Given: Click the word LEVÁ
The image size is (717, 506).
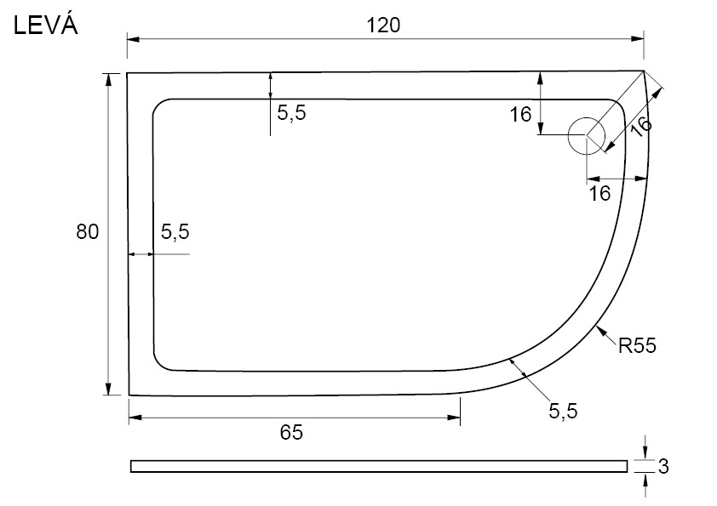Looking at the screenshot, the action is click(x=46, y=26).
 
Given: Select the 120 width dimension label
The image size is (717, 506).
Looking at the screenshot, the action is click(x=384, y=26).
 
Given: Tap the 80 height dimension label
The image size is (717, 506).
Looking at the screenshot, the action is click(x=88, y=231).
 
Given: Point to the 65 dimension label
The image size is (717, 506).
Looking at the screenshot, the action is click(x=291, y=432).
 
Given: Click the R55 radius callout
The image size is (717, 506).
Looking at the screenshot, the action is click(x=637, y=346).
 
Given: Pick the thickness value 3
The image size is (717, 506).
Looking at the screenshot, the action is click(x=663, y=466).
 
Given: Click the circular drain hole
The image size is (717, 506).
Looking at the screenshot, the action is click(x=587, y=135).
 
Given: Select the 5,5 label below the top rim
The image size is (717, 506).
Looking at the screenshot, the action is click(x=291, y=112).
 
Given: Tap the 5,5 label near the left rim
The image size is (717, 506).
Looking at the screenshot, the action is click(x=175, y=232).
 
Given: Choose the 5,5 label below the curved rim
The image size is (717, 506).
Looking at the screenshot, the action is click(x=563, y=411).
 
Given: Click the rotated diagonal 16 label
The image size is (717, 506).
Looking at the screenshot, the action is click(x=640, y=126).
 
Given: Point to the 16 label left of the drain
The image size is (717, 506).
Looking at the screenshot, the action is click(x=521, y=115).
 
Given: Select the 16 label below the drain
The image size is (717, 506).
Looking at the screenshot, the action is click(x=599, y=193).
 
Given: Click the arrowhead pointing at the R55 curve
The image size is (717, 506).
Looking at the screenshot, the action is click(x=600, y=330).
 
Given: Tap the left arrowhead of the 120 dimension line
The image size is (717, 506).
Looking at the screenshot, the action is click(x=133, y=40).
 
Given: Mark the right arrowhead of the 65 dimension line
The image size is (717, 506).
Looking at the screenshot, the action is click(x=454, y=418).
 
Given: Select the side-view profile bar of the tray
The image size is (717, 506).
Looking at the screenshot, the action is click(x=379, y=466).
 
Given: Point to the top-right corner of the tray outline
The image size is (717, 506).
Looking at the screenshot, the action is click(x=644, y=71).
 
